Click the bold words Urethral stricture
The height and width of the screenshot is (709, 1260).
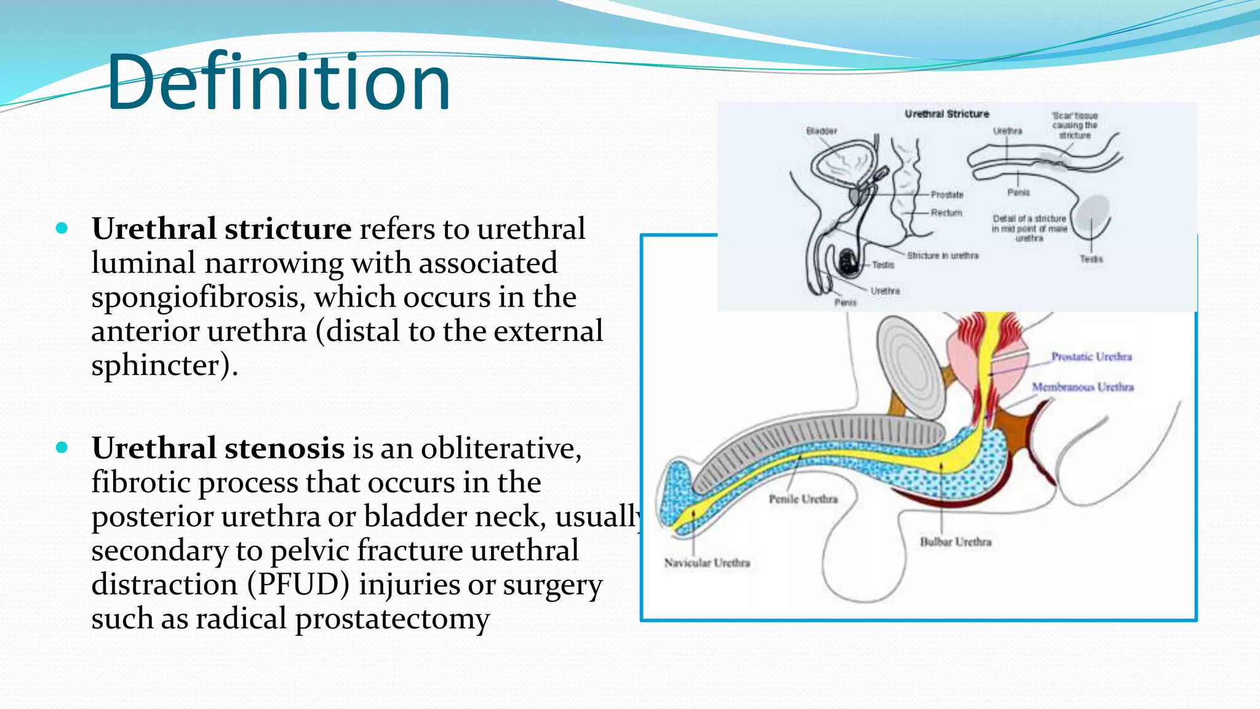[x=221, y=229]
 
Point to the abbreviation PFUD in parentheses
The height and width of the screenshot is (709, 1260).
[x=299, y=585]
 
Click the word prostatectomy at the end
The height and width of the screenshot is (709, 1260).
[x=393, y=619]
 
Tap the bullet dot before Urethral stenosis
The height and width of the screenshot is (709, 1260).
[x=62, y=447]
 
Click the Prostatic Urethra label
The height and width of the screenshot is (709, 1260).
[x=1091, y=357]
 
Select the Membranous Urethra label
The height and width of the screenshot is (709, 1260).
[x=1082, y=387]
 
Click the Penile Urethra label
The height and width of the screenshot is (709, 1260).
[x=803, y=499]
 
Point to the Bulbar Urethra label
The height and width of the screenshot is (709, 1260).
[x=955, y=542]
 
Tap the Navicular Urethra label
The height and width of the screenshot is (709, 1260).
[x=707, y=563]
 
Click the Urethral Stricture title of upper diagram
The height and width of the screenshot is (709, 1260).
[x=946, y=114]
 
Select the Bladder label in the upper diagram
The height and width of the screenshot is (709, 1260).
[x=821, y=131]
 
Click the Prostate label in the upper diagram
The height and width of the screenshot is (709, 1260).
[x=947, y=194]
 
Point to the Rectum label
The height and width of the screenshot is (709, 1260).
[x=946, y=213]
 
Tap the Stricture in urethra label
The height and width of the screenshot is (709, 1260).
[x=942, y=255]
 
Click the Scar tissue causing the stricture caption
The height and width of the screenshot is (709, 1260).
[x=1074, y=125]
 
